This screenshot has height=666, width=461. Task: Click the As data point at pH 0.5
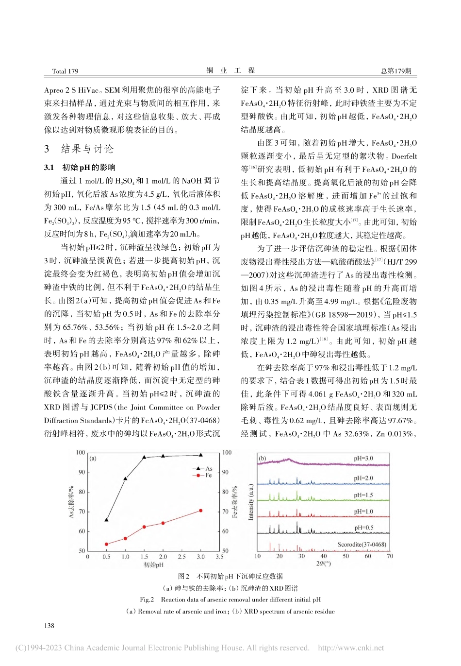tap(106, 520)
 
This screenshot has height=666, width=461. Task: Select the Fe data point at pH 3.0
tap(200, 511)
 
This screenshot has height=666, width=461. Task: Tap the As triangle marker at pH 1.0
tap(125, 478)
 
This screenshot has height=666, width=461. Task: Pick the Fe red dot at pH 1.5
tap(144, 527)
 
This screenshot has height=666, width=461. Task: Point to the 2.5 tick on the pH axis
tap(181, 557)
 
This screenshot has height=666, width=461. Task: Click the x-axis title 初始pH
tap(153, 565)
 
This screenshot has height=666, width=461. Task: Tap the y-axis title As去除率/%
tap(71, 501)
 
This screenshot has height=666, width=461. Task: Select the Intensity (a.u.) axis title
tap(251, 502)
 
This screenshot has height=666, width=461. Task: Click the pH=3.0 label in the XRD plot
tap(363, 458)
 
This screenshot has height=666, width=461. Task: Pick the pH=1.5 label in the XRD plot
tap(363, 495)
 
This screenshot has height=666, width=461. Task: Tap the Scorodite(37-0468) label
tap(362, 545)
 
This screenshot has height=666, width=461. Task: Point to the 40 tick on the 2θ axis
tap(324, 556)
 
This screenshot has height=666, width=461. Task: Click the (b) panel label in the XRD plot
tap(263, 458)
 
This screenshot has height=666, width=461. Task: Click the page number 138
tap(49, 626)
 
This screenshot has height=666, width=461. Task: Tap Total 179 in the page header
tap(65, 71)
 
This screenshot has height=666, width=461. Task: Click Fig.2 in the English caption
tap(147, 599)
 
